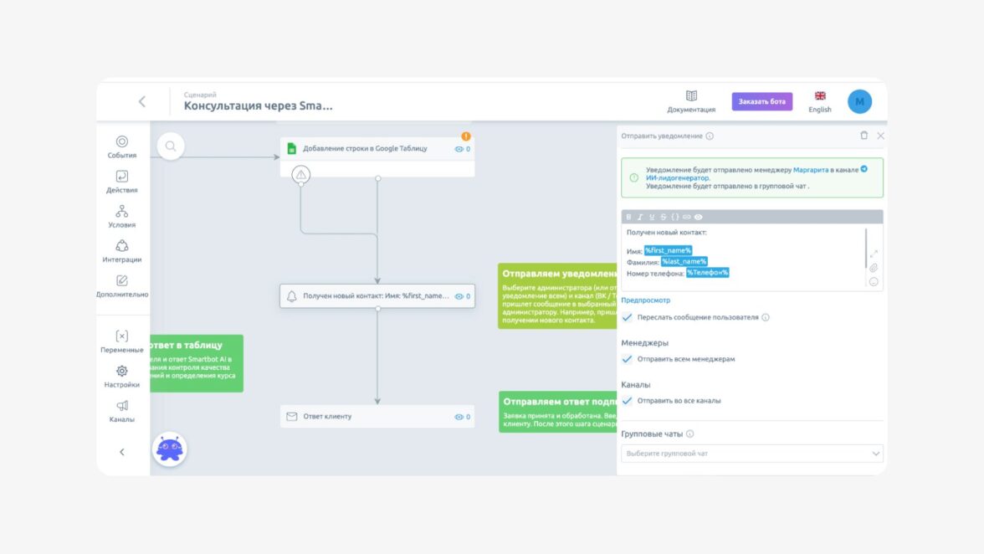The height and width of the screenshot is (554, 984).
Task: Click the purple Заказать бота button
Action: point(761,101)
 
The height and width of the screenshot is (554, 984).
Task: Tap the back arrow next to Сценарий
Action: point(141,101)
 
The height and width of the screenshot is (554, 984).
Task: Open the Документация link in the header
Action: point(691,101)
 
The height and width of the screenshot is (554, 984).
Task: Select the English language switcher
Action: point(820,101)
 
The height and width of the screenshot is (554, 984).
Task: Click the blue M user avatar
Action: point(859,102)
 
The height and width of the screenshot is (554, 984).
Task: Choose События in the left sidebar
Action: point(122,147)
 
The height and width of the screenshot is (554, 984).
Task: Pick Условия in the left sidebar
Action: point(122,217)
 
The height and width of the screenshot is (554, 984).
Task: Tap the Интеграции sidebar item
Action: point(122,251)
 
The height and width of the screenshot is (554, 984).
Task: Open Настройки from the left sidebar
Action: point(122,377)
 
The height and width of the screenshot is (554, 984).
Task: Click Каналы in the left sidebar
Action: point(122,411)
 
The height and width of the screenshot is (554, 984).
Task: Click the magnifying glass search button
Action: point(171,146)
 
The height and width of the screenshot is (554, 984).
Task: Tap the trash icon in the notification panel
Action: point(864,136)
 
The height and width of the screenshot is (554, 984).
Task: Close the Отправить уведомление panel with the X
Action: point(880,136)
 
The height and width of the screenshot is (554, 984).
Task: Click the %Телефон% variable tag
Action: point(708,273)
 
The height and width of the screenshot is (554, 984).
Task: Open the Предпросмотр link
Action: point(645,300)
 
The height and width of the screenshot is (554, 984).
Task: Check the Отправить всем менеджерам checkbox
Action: point(628,359)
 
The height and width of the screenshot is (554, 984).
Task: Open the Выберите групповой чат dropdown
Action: point(751,454)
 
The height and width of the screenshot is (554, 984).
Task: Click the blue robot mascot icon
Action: point(170,449)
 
